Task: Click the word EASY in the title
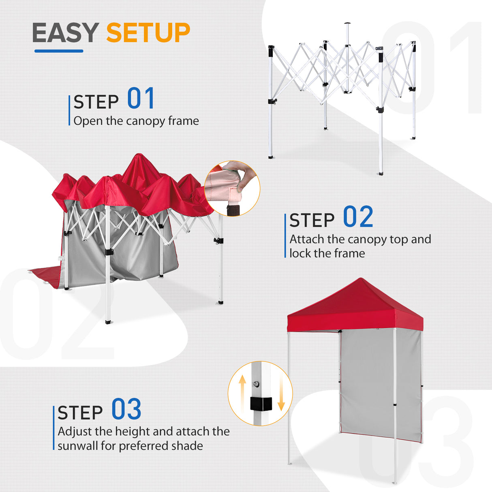[x=65, y=33]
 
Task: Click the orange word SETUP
[x=148, y=33]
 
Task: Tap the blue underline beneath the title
[x=59, y=51]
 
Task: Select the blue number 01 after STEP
[x=141, y=98]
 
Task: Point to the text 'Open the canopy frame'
[x=136, y=121]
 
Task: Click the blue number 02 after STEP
[x=358, y=217]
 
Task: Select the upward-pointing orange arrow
[x=242, y=389]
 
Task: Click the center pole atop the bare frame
[x=347, y=34]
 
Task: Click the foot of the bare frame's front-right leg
[x=380, y=173]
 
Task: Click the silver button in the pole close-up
[x=256, y=383]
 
